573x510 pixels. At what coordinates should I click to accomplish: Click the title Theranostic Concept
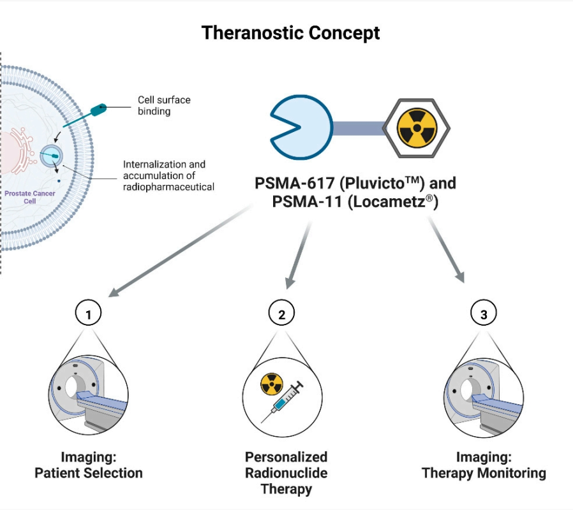click(x=290, y=33)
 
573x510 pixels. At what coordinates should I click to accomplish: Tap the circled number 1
click(x=89, y=313)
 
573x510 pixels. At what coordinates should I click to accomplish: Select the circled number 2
click(x=281, y=313)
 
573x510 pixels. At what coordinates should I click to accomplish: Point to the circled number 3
click(x=483, y=313)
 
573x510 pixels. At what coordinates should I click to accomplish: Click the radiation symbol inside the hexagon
click(x=415, y=129)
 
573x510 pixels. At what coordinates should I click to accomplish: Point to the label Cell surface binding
click(x=164, y=105)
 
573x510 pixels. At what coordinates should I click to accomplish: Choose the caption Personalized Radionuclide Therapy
click(x=286, y=473)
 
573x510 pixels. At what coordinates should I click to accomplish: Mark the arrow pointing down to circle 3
click(x=447, y=249)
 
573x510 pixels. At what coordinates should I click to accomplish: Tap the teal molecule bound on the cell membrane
click(x=100, y=110)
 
